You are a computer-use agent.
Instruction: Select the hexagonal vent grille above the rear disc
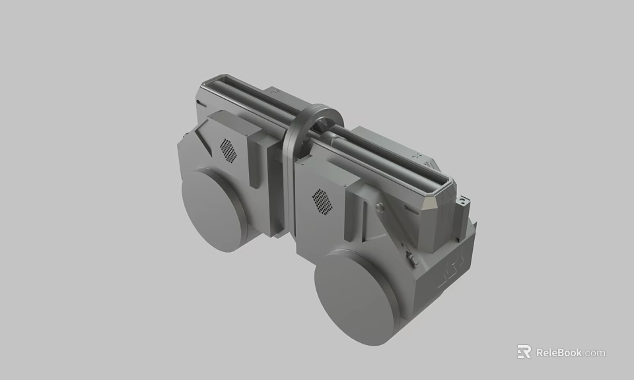coord(228,150)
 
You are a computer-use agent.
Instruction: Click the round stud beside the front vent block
coord(378,208)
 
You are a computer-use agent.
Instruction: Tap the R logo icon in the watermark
coord(524,352)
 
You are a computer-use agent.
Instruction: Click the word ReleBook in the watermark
coord(559,352)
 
